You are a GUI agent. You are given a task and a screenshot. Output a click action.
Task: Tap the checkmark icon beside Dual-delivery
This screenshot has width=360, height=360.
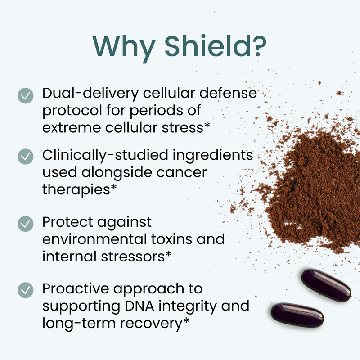pyautogui.click(x=25, y=95)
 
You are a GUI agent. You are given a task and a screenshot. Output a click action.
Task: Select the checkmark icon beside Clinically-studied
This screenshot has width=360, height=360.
pyautogui.click(x=25, y=157)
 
